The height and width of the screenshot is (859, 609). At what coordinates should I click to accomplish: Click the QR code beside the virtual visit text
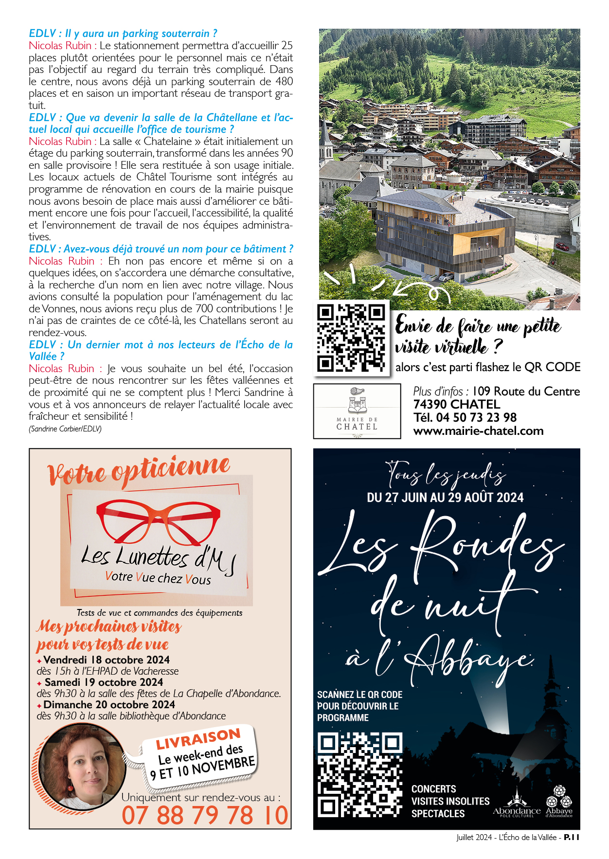pos(351,338)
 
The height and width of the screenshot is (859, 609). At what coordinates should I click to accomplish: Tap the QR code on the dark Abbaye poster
pos(360,774)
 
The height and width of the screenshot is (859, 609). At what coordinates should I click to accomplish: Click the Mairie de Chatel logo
pos(357,412)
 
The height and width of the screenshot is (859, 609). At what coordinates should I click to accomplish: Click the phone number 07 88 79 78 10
pos(205,816)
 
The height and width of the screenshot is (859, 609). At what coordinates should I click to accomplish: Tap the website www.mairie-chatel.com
pos(478,431)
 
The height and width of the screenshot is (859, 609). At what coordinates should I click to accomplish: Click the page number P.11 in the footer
pos(572,837)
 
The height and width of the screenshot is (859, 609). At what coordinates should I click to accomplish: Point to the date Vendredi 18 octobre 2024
pos(107,660)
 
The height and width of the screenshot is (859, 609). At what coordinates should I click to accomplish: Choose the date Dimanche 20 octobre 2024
pos(109,705)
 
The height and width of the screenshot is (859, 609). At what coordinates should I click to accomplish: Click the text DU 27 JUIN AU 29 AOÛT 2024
pos(445,498)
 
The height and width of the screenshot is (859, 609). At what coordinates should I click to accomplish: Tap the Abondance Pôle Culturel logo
pos(516,807)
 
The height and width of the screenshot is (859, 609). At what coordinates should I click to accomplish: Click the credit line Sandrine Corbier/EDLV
pos(65,429)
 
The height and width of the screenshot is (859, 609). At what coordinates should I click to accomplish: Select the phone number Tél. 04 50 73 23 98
pos(465,418)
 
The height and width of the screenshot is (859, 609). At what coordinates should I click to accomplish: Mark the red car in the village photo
pos(562,246)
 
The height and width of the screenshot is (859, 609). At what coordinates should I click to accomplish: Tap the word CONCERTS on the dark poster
pos(433,789)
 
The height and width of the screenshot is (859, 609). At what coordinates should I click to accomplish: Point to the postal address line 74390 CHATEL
pos(456,405)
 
